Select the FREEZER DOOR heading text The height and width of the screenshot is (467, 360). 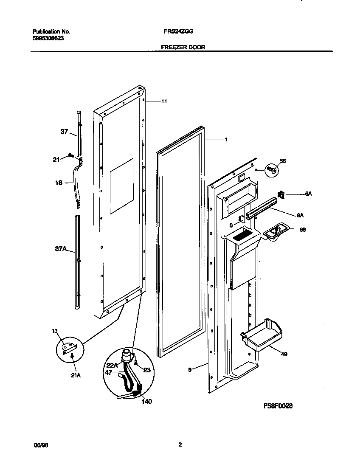(183, 48)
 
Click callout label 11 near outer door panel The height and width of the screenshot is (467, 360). (164, 101)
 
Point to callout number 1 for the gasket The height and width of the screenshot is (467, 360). (226, 139)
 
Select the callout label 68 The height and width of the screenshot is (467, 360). (302, 230)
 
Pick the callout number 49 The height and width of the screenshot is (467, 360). (284, 354)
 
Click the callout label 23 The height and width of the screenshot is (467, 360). (146, 370)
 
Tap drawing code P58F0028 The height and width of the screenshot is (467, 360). (278, 406)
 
